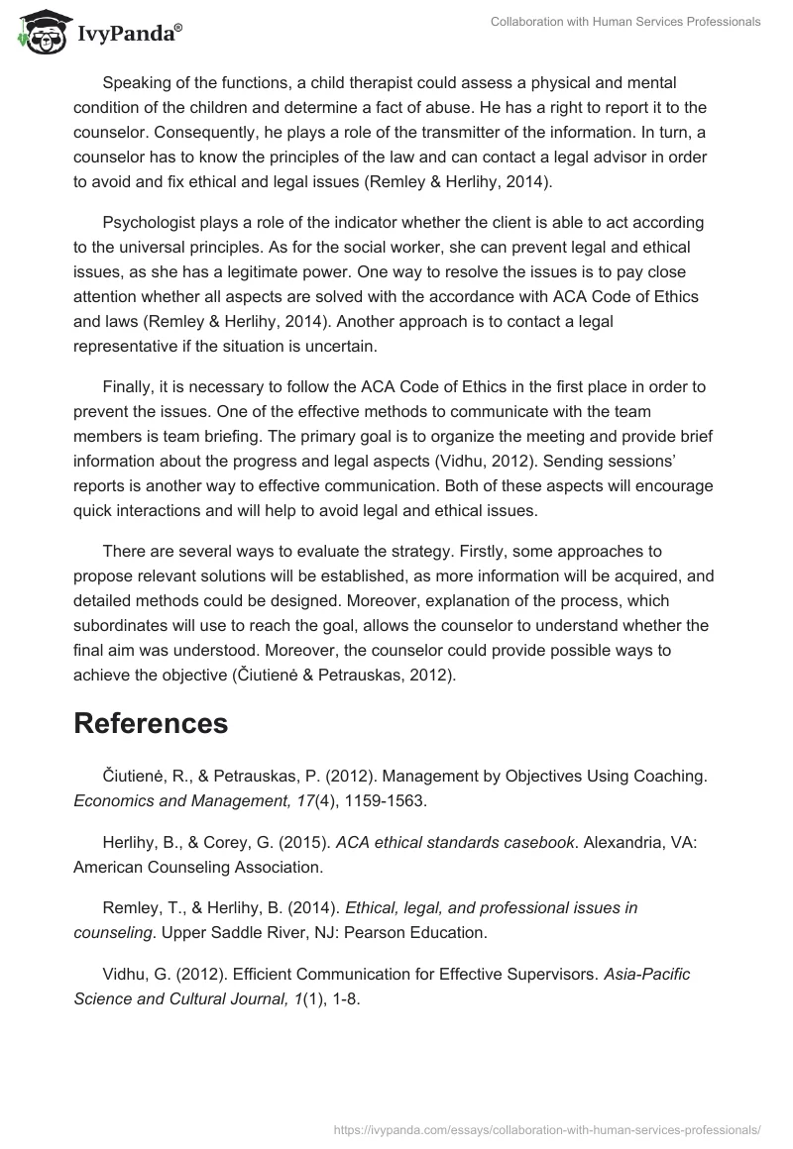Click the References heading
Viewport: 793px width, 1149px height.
151,723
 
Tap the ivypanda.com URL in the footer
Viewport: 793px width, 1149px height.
548,1129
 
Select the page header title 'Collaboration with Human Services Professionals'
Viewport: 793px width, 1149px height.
625,22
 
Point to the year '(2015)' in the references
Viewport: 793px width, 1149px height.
301,842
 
